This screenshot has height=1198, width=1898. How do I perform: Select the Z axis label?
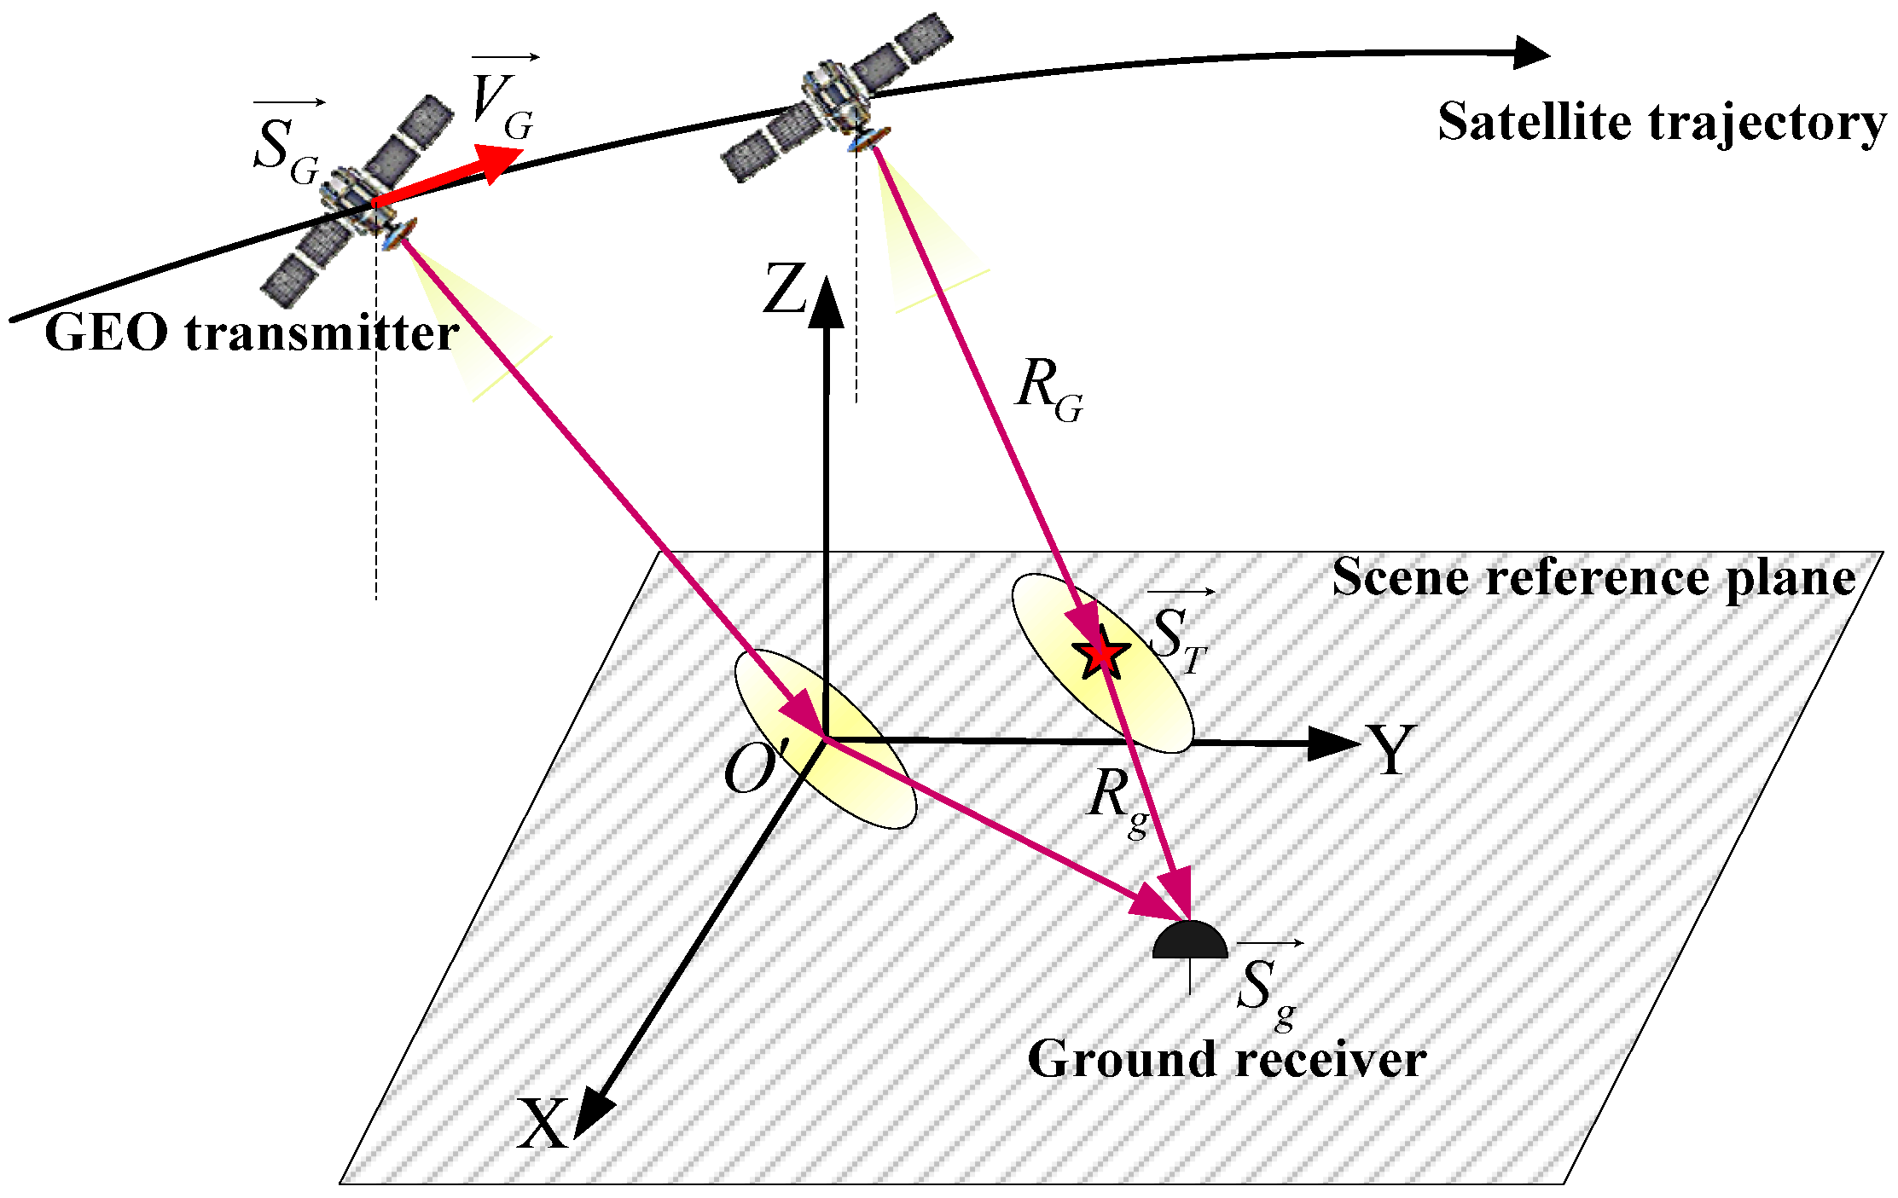click(x=785, y=288)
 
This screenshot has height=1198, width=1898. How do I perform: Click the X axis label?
click(x=543, y=1124)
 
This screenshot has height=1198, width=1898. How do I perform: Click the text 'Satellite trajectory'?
click(x=1662, y=122)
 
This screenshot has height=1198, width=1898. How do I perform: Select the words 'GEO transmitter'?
click(x=252, y=333)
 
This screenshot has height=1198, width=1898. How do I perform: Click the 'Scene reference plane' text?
click(x=1593, y=578)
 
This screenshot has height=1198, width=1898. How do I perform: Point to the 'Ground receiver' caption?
click(x=1227, y=1059)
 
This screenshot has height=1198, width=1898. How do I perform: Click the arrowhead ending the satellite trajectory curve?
click(x=1531, y=53)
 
